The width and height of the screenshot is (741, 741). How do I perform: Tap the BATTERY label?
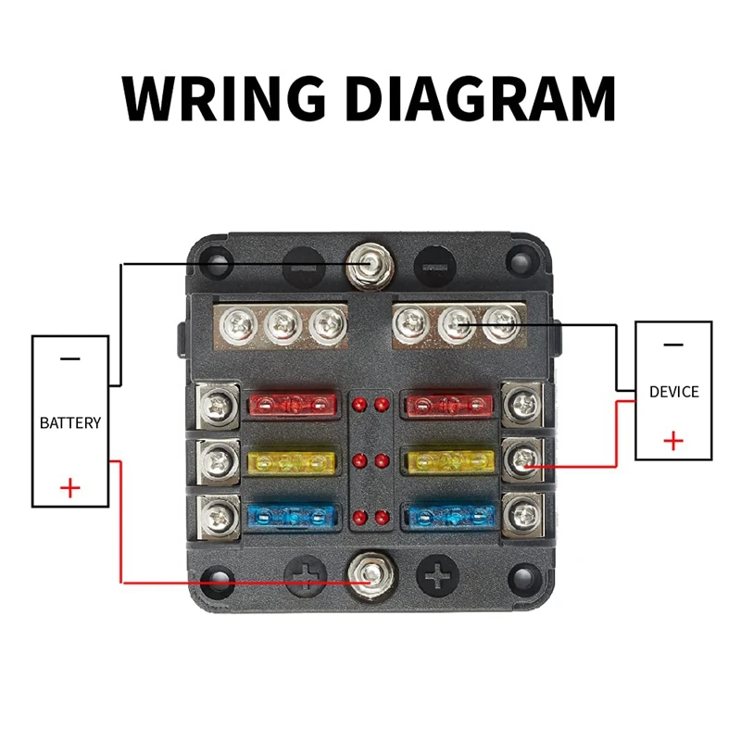tap(70, 422)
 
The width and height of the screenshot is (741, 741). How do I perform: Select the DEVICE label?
tap(673, 392)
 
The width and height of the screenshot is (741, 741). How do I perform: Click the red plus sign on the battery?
tap(70, 487)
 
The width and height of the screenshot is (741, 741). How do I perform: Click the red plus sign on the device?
tap(673, 440)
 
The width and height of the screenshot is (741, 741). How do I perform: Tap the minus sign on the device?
tap(673, 344)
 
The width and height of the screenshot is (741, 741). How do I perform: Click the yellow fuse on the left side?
tap(293, 459)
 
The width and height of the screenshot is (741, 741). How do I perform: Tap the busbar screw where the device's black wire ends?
tap(502, 323)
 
